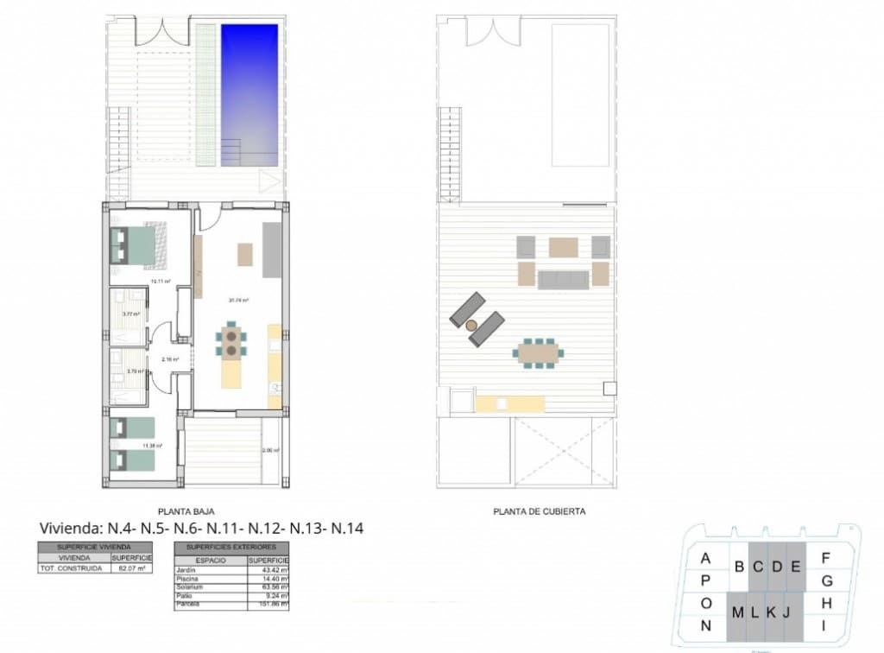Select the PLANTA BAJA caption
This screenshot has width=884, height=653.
tap(186, 511)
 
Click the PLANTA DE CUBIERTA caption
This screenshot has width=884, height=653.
tap(540, 511)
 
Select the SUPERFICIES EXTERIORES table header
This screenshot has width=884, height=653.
tap(231, 548)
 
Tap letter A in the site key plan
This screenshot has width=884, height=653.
tap(705, 558)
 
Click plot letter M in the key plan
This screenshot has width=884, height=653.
tap(738, 613)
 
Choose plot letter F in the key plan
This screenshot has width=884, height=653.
tap(826, 558)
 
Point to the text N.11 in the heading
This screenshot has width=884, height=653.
tap(225, 528)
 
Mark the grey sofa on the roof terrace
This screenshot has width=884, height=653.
tap(563, 279)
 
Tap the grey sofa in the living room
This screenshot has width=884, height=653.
tap(272, 250)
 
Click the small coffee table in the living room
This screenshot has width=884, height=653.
tap(244, 254)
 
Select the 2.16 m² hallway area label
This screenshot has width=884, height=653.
tap(170, 359)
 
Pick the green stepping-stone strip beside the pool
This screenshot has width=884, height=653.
tap(205, 95)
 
